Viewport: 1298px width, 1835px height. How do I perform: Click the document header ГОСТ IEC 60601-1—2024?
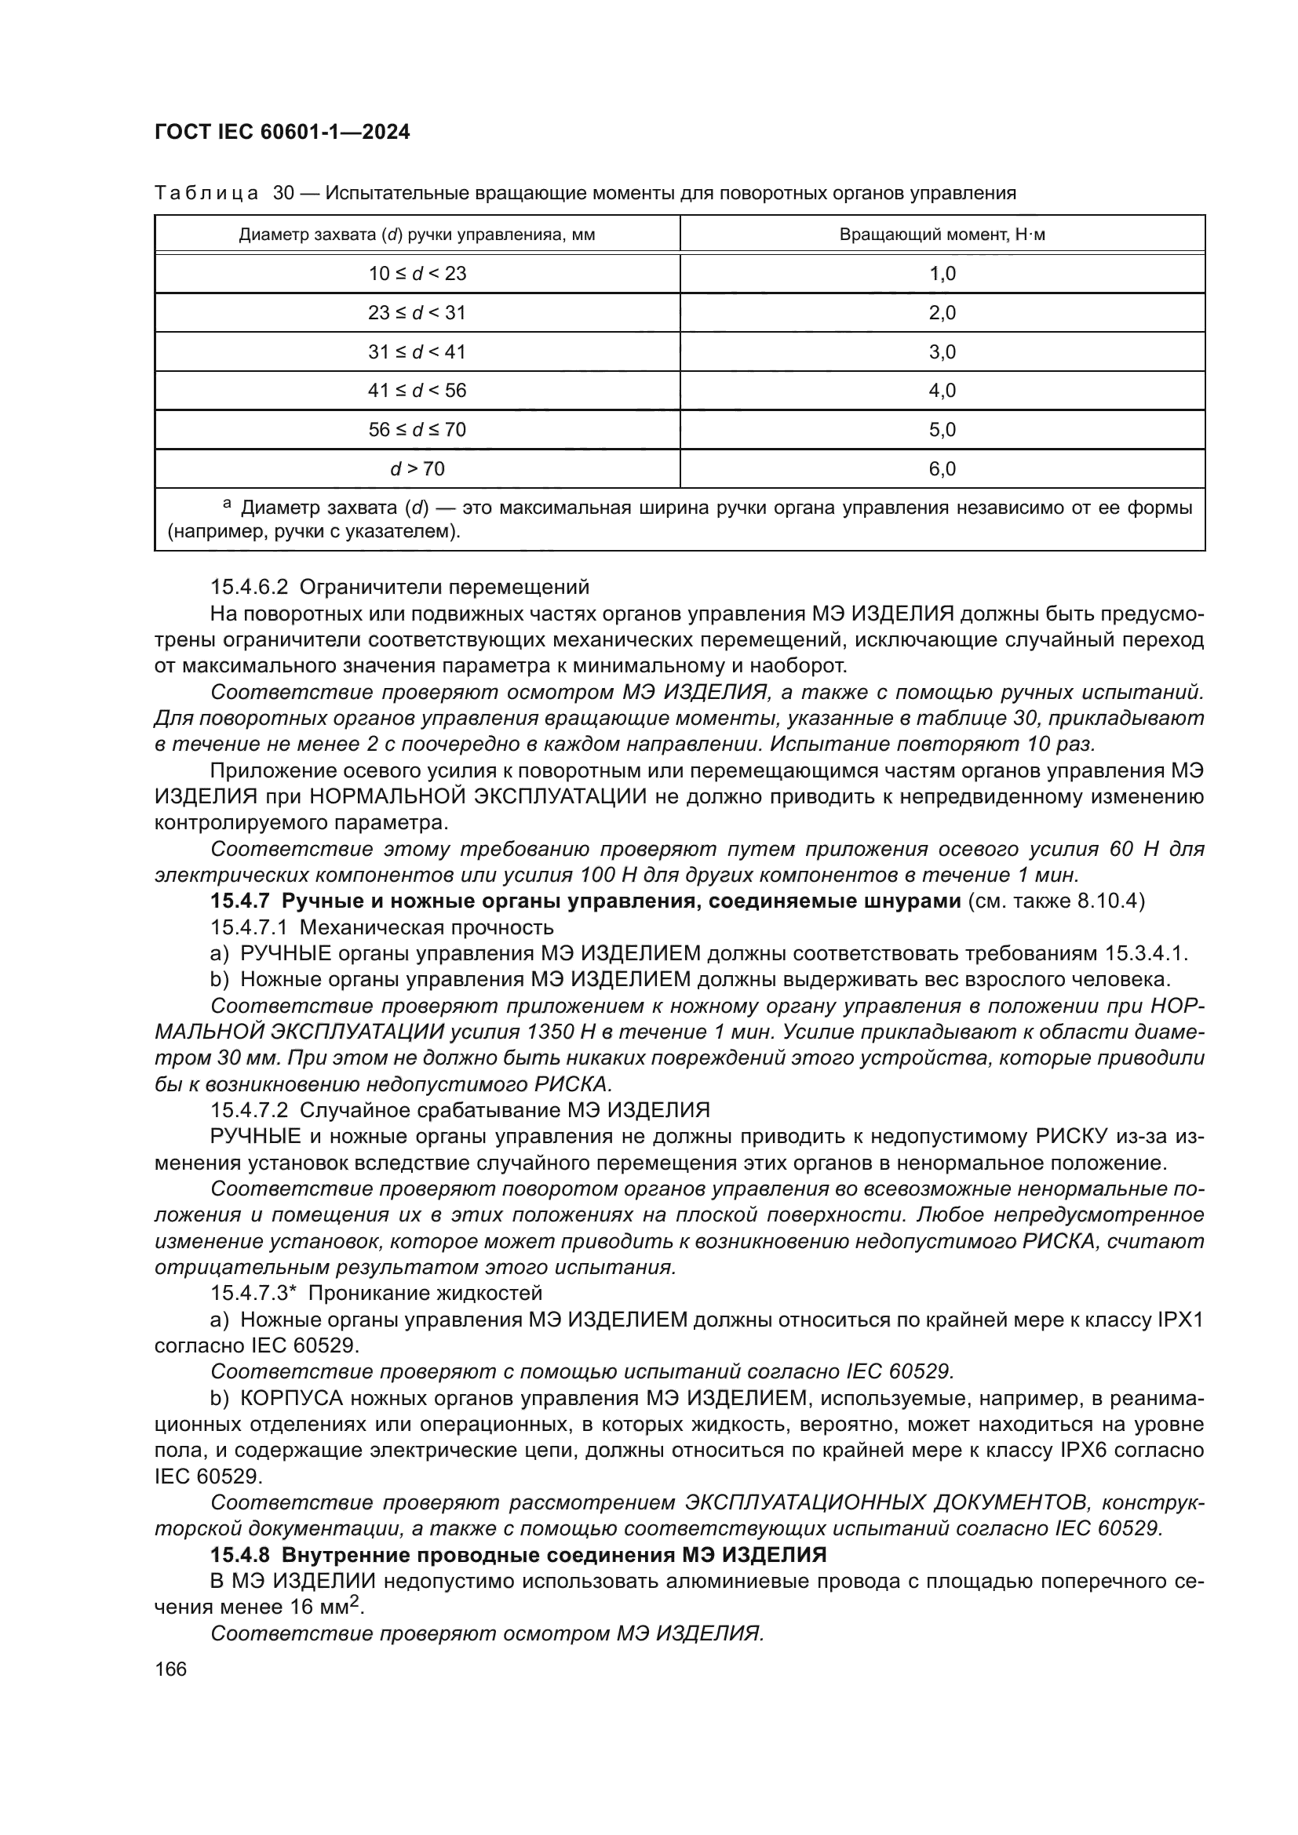point(283,133)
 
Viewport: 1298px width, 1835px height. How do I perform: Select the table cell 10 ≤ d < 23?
point(417,274)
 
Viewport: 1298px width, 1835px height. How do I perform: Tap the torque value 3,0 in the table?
point(942,351)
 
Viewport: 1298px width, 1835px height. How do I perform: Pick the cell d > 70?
point(417,469)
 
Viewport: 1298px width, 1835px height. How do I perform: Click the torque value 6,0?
point(942,469)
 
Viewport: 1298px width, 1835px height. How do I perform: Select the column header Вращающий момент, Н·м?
point(942,235)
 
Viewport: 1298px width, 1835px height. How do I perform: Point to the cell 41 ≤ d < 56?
point(417,391)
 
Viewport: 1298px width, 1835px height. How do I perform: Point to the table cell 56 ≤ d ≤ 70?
point(417,430)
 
